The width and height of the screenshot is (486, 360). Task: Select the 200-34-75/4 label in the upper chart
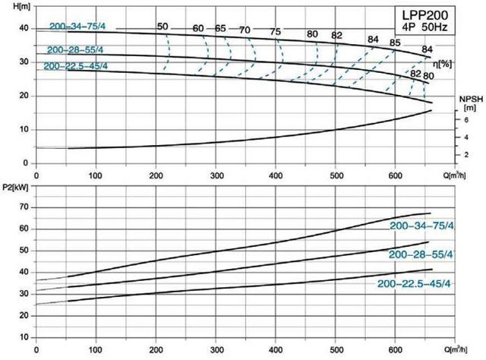click(78, 27)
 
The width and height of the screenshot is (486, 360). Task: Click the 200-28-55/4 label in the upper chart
click(75, 50)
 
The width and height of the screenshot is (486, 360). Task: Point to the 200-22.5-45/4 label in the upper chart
click(74, 66)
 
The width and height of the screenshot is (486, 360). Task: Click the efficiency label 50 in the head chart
click(163, 27)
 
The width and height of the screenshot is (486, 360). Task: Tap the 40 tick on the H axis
click(24, 29)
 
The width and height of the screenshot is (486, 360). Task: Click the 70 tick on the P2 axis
click(24, 207)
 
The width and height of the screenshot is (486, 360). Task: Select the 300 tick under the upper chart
click(216, 175)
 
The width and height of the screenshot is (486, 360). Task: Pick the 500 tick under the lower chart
click(336, 351)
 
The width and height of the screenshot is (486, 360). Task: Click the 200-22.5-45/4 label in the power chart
click(415, 283)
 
